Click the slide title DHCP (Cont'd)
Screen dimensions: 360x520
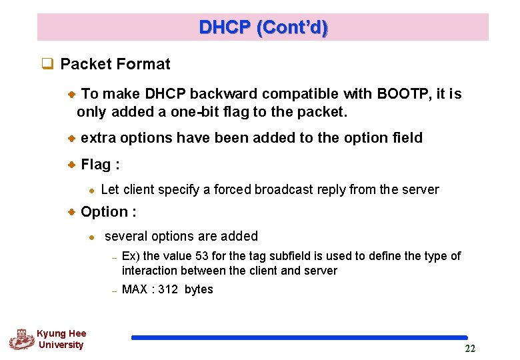(x=263, y=27)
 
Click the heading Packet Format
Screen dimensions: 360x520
(x=115, y=65)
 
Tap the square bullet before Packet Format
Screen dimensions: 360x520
(x=47, y=65)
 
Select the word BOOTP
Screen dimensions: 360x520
(x=400, y=94)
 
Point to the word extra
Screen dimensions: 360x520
(x=99, y=138)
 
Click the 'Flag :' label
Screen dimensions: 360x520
(x=100, y=165)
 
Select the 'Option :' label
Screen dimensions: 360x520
(x=108, y=212)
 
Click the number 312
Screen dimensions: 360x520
(x=168, y=290)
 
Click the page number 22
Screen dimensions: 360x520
(x=470, y=349)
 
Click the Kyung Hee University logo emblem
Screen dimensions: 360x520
(x=21, y=339)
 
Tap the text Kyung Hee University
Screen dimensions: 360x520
(x=61, y=339)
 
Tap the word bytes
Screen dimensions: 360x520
(x=199, y=290)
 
